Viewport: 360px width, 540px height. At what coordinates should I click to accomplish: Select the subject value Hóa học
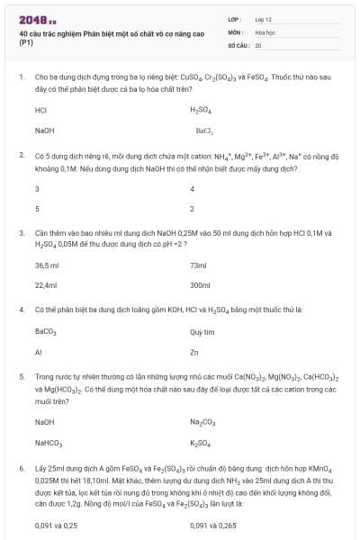pos(265,31)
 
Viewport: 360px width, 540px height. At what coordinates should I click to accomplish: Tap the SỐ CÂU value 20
pos(258,44)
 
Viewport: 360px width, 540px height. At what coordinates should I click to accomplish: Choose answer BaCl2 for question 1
pos(202,130)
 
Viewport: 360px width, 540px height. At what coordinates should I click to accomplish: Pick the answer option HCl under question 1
pos(40,111)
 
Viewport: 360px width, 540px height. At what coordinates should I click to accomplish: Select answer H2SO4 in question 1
pos(200,111)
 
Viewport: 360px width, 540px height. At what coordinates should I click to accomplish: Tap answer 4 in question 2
pos(193,189)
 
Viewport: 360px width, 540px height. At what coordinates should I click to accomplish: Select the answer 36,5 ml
pos(46,265)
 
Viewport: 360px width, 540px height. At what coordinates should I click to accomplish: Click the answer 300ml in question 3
pos(200,285)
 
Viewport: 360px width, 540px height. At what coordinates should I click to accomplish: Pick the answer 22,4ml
pos(45,285)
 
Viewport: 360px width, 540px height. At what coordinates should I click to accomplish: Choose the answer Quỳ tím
pos(202,332)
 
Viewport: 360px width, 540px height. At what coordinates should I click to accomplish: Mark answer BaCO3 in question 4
pos(45,332)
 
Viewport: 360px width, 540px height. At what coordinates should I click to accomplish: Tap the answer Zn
pos(194,352)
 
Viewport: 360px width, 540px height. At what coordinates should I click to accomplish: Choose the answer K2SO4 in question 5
pos(201,442)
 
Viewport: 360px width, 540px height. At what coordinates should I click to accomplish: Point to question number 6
pos(21,469)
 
